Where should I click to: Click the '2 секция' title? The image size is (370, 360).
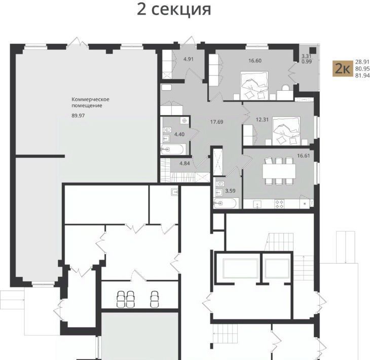pos(174,10)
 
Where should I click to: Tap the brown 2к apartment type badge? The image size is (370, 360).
pos(343,68)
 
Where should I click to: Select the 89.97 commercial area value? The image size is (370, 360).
pos(78,116)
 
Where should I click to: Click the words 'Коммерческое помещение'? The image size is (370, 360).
pos(90,102)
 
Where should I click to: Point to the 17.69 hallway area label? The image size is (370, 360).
pos(216,122)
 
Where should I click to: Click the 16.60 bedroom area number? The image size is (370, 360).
pos(255,61)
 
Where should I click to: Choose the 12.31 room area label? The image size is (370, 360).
pos(262,120)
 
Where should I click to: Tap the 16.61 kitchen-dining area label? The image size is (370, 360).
pos(304,156)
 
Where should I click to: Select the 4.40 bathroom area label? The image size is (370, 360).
pos(179,134)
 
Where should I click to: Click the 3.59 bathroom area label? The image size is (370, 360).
pos(230,191)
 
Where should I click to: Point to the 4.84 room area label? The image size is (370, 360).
pos(184,163)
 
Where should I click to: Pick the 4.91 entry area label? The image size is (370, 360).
pos(189,59)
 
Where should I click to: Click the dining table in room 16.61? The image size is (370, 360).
pos(279,171)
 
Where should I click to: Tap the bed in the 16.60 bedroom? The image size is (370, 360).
pos(254,86)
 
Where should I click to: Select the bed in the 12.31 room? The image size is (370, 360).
pos(286,130)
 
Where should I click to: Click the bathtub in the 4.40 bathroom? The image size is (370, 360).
pos(173,150)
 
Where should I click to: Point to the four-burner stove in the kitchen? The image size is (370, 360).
pos(279,204)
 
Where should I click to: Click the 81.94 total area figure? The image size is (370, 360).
pos(362,76)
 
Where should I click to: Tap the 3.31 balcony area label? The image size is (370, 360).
pos(307,56)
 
